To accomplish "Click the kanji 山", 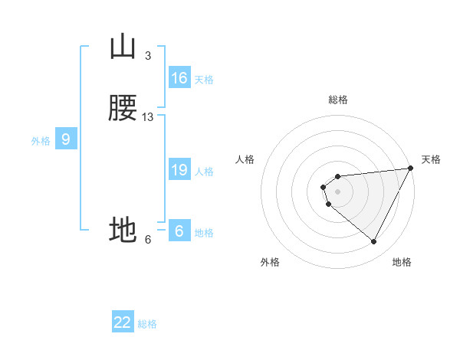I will pyautogui.click(x=123, y=47).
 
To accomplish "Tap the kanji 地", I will pyautogui.click(x=123, y=229).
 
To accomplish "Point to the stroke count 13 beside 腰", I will pyautogui.click(x=148, y=117).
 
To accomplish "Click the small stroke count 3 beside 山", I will pyautogui.click(x=148, y=56).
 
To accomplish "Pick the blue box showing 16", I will pyautogui.click(x=179, y=78).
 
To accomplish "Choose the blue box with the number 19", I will pyautogui.click(x=179, y=170).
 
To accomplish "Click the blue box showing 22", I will pyautogui.click(x=123, y=322).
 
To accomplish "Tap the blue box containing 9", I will pyautogui.click(x=66, y=139).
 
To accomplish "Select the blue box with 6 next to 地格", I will pyautogui.click(x=179, y=231).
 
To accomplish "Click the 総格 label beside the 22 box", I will pyautogui.click(x=147, y=324).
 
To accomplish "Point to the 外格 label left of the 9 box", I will pyautogui.click(x=40, y=141).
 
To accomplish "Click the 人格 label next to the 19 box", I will pyautogui.click(x=205, y=172).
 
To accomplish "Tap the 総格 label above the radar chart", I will pyautogui.click(x=338, y=100).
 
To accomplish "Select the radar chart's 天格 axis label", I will pyautogui.click(x=431, y=159).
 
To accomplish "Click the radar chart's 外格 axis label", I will pyautogui.click(x=270, y=262).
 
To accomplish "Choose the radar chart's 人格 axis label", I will pyautogui.click(x=245, y=159).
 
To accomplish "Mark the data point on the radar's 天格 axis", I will pyautogui.click(x=411, y=169).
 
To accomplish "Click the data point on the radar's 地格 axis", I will pyautogui.click(x=374, y=242).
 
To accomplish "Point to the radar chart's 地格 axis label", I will pyautogui.click(x=402, y=262).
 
